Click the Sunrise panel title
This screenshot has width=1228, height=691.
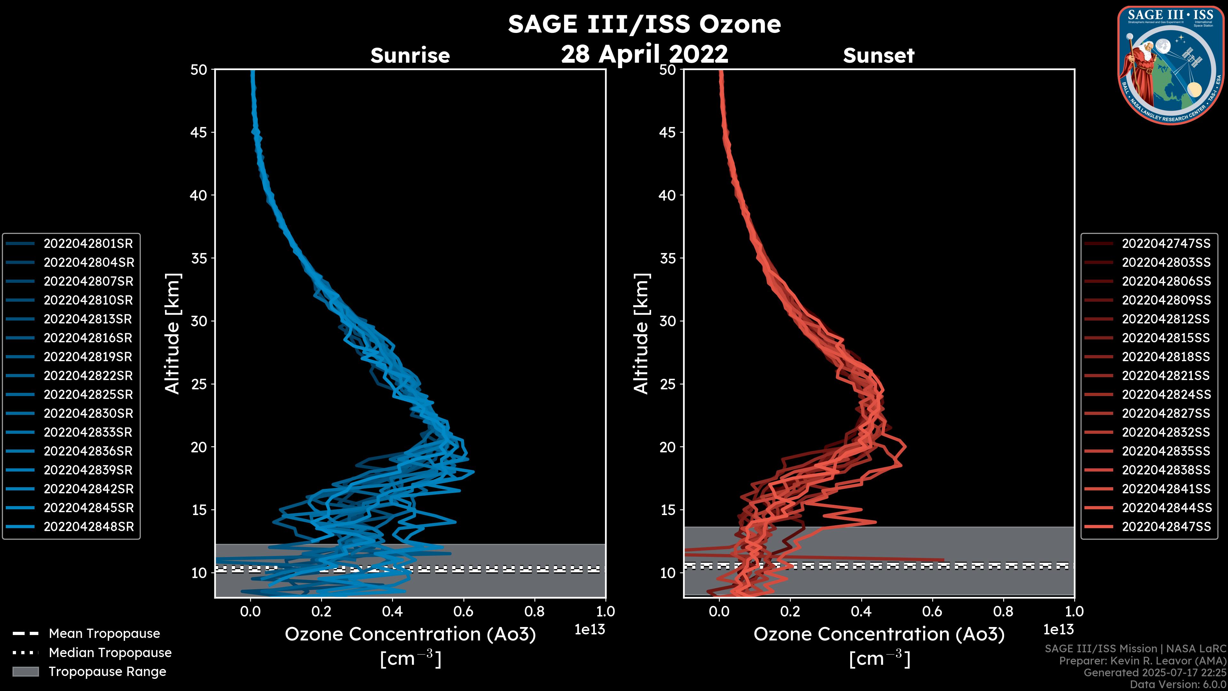point(410,55)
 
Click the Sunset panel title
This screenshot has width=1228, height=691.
point(878,55)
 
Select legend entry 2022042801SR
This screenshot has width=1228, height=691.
point(88,244)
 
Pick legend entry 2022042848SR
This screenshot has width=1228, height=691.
point(89,527)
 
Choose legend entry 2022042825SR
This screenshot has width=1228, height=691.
point(88,395)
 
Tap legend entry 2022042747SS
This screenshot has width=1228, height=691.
point(1166,244)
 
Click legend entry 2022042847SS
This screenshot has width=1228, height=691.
point(1166,527)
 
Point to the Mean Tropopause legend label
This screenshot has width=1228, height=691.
point(104,634)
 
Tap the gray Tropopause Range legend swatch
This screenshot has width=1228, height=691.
point(25,672)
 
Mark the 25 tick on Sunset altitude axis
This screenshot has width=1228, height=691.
point(667,384)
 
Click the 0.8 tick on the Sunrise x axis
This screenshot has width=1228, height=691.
point(534,611)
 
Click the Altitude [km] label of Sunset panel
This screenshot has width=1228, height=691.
point(641,334)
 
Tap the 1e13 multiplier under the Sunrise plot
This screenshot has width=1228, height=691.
point(590,630)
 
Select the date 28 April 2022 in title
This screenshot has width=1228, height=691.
point(644,54)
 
